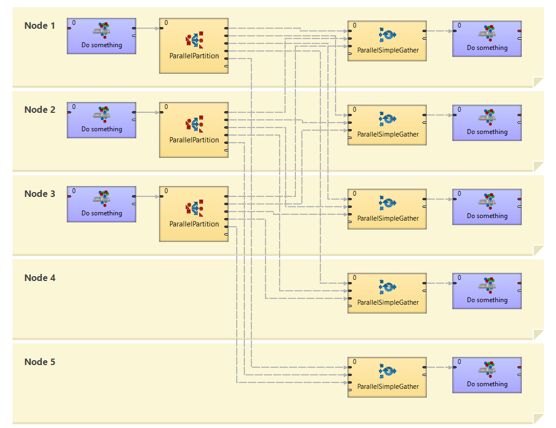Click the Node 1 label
click(x=40, y=25)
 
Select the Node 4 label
click(x=40, y=278)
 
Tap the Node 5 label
click(x=40, y=362)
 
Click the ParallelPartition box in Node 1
click(x=193, y=47)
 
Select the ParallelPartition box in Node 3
click(x=193, y=215)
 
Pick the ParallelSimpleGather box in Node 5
click(x=387, y=377)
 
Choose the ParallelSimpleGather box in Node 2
click(x=387, y=125)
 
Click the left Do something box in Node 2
click(x=102, y=119)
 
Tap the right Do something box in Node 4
click(x=487, y=291)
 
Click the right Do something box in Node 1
click(x=487, y=39)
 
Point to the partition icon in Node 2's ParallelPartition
click(x=194, y=124)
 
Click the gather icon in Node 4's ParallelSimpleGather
click(x=388, y=287)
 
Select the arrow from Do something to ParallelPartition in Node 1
click(x=147, y=28)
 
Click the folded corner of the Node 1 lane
click(x=538, y=82)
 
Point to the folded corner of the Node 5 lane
click(x=538, y=418)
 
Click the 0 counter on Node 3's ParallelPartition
click(x=166, y=191)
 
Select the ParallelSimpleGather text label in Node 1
click(x=388, y=50)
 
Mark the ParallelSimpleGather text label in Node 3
click(x=388, y=218)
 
